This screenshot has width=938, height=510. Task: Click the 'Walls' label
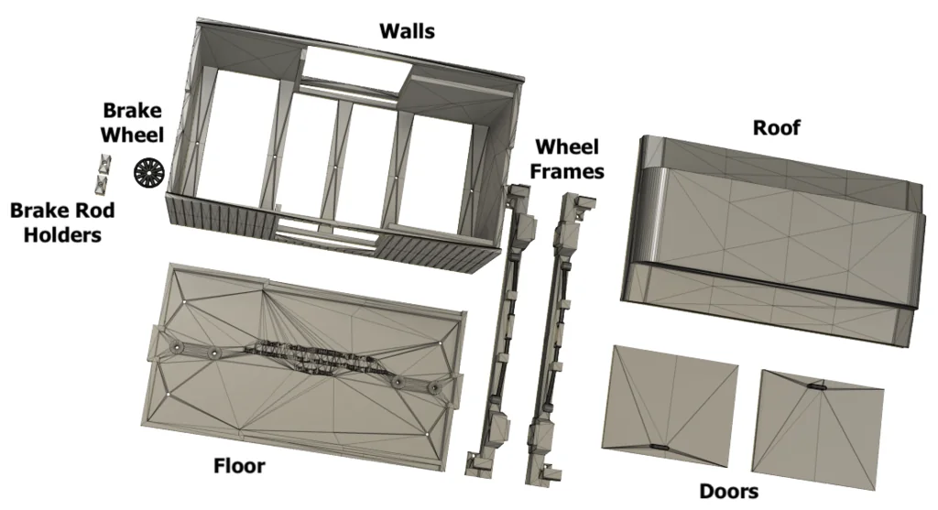407,31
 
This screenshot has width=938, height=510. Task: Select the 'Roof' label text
776,127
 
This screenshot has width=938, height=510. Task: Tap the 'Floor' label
239,466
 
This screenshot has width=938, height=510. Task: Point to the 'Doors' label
728,492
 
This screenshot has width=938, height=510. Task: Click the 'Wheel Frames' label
568,158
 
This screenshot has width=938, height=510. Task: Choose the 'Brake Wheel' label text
132,123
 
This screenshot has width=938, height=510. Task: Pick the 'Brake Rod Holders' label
62,222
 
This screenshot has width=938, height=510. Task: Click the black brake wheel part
147,171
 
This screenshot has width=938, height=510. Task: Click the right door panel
822,426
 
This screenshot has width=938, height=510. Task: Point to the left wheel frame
499,330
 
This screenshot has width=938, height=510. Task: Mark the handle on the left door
660,446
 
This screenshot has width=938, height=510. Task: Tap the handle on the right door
817,388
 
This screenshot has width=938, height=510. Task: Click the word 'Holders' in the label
62,234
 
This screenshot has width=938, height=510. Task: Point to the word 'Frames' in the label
571,170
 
